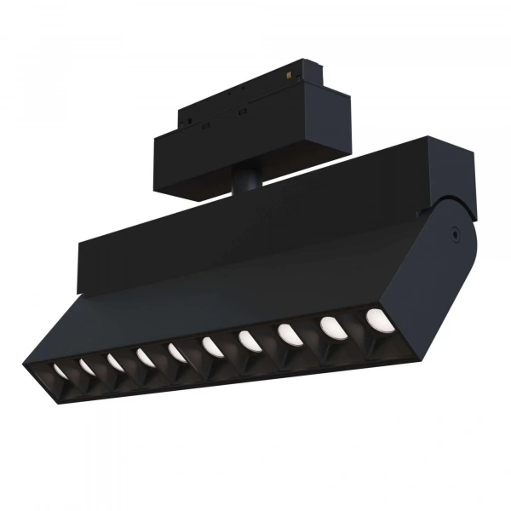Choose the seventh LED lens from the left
[x=248, y=340]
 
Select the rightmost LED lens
[x=375, y=319]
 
